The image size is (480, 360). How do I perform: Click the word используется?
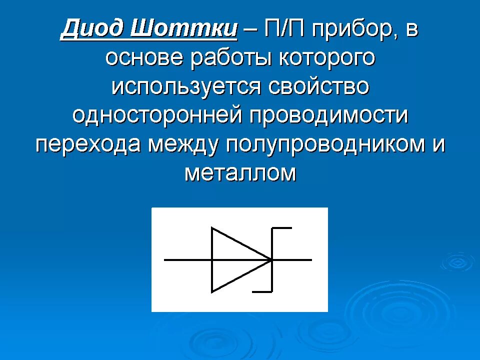point(186,87)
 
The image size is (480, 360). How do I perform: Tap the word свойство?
point(319,87)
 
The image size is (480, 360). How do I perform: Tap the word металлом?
point(240,173)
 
